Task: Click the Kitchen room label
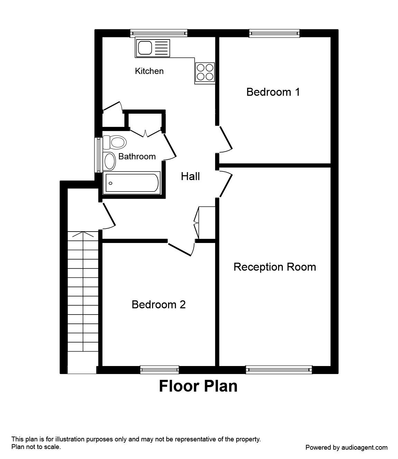(x=149, y=71)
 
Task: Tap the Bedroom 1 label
(x=273, y=92)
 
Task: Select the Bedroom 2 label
(x=158, y=305)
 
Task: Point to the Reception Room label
(x=275, y=267)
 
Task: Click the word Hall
(x=190, y=177)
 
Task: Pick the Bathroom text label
(x=137, y=157)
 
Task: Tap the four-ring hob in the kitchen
(x=205, y=72)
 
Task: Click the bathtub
(x=132, y=183)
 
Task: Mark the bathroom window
(x=99, y=155)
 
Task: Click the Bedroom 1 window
(x=274, y=33)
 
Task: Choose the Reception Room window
(x=279, y=370)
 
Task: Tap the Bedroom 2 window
(x=160, y=370)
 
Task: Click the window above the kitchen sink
(x=159, y=33)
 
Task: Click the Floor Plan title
(x=198, y=386)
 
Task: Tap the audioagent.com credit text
(x=346, y=447)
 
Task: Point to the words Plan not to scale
(x=36, y=447)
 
